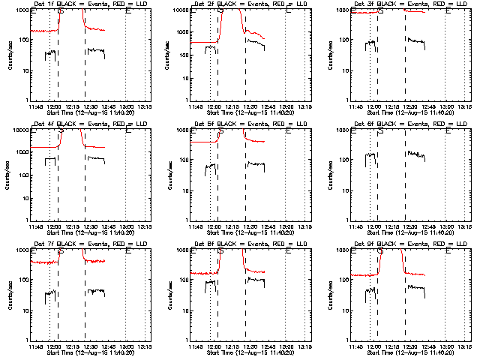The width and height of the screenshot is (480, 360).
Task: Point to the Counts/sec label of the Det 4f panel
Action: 8,174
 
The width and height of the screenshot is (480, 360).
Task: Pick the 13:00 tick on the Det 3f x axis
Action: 446,106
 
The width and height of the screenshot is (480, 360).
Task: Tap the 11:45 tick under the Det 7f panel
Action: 34,346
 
